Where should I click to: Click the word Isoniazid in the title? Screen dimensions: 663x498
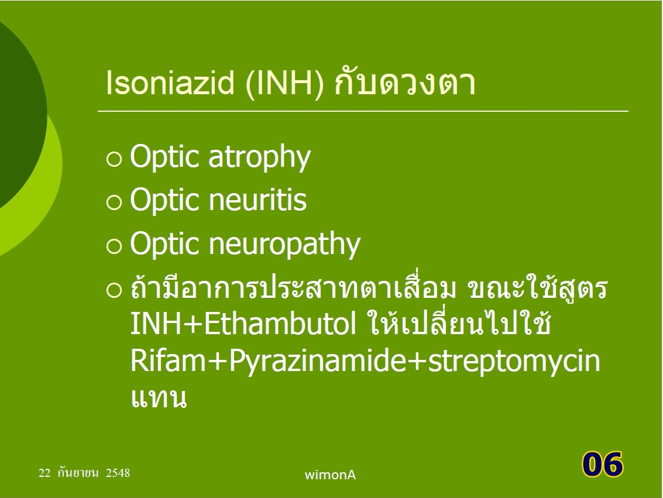pyautogui.click(x=170, y=83)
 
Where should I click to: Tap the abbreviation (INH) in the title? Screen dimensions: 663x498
pyautogui.click(x=284, y=83)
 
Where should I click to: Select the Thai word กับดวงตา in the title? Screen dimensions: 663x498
pyautogui.click(x=405, y=83)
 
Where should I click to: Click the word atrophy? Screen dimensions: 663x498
pyautogui.click(x=260, y=157)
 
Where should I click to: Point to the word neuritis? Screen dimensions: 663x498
pyautogui.click(x=257, y=200)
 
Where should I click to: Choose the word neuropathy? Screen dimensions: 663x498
pyautogui.click(x=284, y=245)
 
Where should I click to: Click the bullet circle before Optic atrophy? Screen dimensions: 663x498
pyautogui.click(x=114, y=159)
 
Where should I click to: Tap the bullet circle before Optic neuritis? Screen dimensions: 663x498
pyautogui.click(x=114, y=202)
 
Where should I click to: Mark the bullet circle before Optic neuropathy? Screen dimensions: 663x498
pyautogui.click(x=114, y=246)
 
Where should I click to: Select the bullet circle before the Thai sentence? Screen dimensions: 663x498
pyautogui.click(x=114, y=290)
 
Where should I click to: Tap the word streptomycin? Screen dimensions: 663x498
pyautogui.click(x=514, y=362)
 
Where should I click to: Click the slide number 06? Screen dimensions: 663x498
pyautogui.click(x=603, y=463)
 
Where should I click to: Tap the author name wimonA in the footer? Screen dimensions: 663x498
pyautogui.click(x=330, y=475)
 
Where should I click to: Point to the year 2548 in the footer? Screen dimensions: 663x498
pyautogui.click(x=118, y=473)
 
